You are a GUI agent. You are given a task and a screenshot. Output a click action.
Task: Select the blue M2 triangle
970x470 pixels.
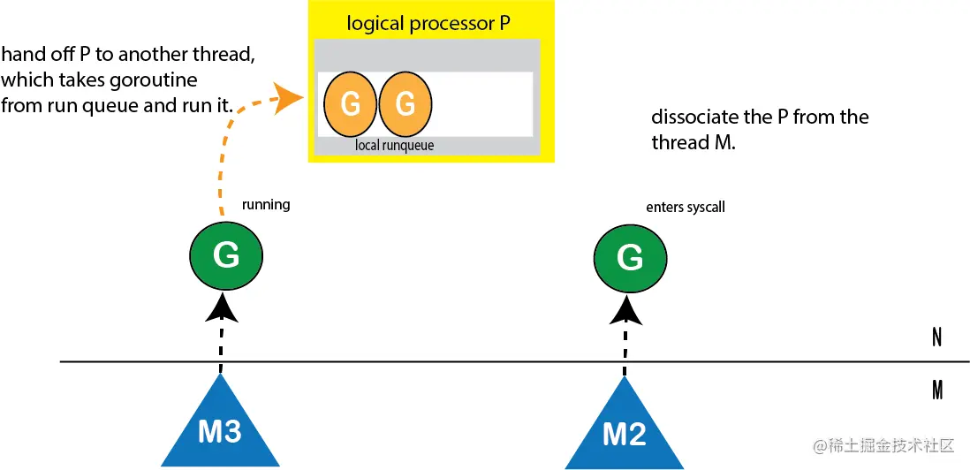click(625, 429)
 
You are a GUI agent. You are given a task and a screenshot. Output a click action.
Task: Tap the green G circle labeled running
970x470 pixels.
click(226, 255)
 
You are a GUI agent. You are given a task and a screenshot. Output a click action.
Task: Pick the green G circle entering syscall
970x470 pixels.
click(630, 257)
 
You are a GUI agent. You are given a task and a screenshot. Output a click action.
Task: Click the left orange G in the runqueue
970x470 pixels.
click(350, 104)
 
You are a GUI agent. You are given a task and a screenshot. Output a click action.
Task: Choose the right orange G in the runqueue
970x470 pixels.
click(405, 104)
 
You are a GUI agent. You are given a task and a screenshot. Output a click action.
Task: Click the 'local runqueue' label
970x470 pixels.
click(395, 145)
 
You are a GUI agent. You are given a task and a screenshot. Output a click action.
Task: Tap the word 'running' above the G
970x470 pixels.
click(266, 205)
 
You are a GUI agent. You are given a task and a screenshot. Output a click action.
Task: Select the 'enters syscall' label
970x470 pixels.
click(686, 208)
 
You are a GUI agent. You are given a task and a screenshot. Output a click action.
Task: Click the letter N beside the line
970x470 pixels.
click(937, 337)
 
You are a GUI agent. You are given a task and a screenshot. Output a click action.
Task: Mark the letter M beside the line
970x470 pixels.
click(937, 390)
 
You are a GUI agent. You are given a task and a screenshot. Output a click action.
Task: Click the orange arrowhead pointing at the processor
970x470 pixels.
click(290, 97)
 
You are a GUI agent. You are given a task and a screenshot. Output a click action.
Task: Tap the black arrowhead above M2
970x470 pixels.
click(625, 310)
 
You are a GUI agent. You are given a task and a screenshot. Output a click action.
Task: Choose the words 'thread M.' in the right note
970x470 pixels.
click(692, 143)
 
